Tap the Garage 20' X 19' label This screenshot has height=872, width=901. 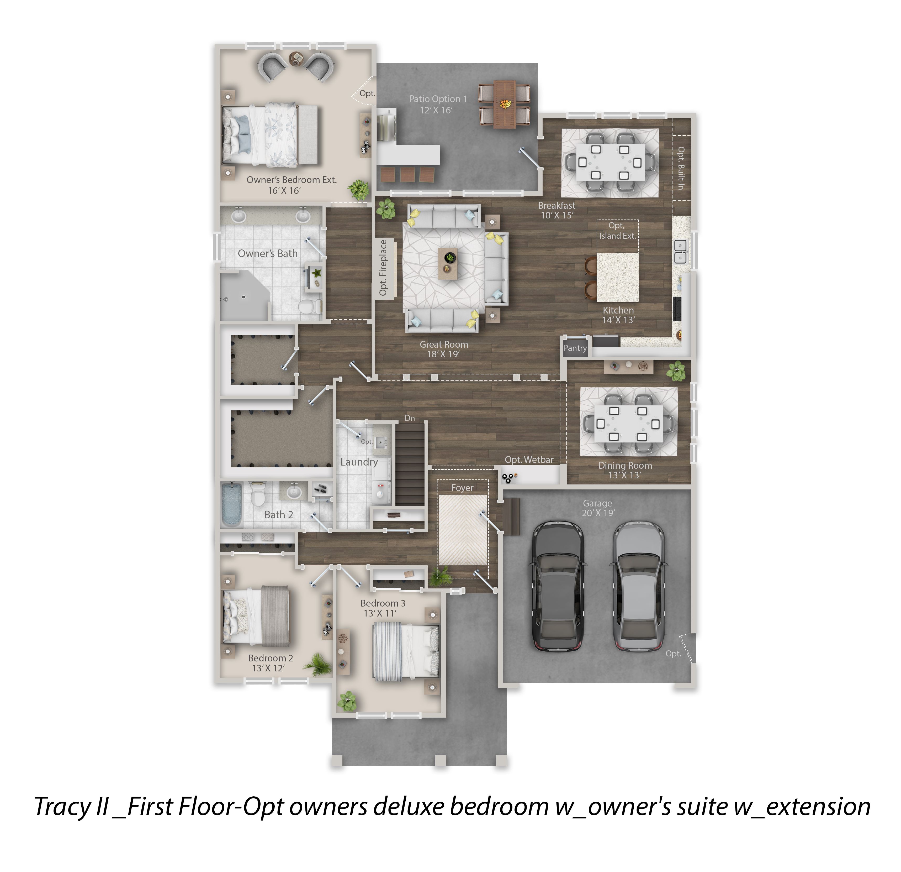click(x=598, y=508)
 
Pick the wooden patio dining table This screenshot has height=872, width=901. click(x=505, y=105)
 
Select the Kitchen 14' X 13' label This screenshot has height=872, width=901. click(x=618, y=315)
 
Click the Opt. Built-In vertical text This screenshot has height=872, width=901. click(x=681, y=168)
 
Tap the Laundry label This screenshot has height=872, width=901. click(x=359, y=462)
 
